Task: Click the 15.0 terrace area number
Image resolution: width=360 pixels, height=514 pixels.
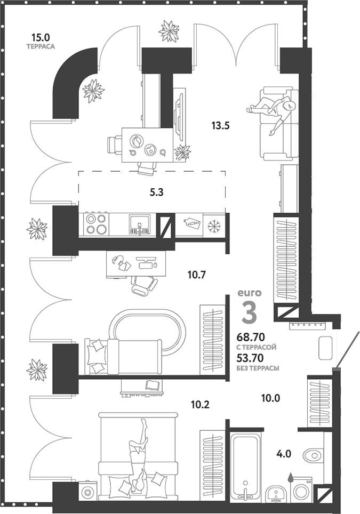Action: [x=40, y=37]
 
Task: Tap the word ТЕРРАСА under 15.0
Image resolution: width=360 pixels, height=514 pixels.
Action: [x=41, y=47]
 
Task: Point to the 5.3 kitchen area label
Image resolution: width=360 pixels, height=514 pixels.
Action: [x=156, y=193]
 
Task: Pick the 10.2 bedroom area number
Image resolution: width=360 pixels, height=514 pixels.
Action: [x=200, y=404]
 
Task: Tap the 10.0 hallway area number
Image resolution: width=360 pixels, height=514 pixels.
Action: [x=270, y=397]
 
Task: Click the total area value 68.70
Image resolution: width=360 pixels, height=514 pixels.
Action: [x=254, y=338]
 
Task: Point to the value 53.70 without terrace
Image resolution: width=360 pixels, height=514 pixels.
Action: [x=254, y=358]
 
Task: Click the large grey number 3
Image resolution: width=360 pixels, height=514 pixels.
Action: [x=249, y=312]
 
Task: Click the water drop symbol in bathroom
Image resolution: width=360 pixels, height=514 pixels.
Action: [x=291, y=477]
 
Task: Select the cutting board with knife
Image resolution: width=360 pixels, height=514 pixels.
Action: [x=191, y=224]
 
